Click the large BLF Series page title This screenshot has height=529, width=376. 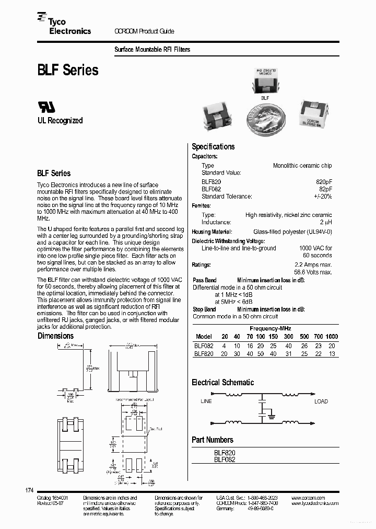67,70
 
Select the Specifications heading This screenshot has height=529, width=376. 213,147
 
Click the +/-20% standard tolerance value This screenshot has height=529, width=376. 322,197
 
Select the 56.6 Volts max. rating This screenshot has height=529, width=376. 313,272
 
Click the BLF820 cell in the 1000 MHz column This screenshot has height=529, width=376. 332,353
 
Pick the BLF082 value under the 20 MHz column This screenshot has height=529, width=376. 224,346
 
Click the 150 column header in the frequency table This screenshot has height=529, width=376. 273,337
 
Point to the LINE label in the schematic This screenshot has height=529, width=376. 206,401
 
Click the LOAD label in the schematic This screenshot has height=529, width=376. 321,401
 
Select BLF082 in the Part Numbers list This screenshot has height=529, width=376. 225,459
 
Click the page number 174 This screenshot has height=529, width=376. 29,490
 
